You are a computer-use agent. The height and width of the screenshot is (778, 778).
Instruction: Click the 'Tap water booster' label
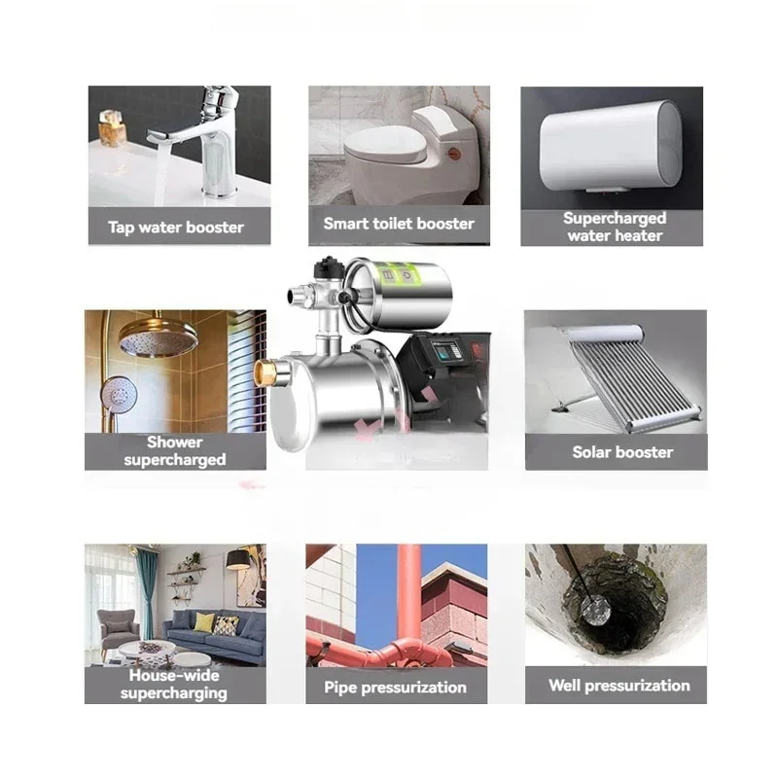click(x=176, y=228)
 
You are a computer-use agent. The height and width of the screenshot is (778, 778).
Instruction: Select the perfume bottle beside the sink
click(x=112, y=128)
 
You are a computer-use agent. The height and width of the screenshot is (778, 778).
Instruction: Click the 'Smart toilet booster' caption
click(x=399, y=224)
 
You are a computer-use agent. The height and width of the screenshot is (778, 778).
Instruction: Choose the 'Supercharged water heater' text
click(x=614, y=227)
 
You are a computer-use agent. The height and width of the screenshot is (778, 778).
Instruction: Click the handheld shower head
click(x=119, y=394)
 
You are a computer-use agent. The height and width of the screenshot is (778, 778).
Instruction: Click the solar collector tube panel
click(x=622, y=374)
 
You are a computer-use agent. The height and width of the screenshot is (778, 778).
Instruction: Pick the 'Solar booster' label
click(x=622, y=452)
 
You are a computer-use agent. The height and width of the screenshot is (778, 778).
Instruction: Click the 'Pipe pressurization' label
click(x=394, y=688)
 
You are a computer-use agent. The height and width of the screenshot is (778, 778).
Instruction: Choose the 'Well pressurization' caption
click(x=619, y=686)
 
